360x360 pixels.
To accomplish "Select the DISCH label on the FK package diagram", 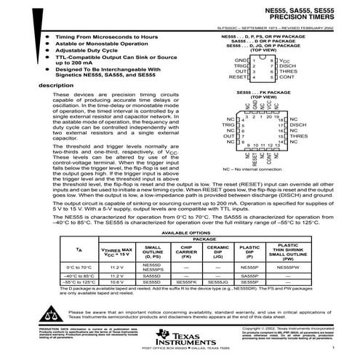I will (300, 124).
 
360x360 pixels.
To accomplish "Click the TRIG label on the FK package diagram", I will (230, 124).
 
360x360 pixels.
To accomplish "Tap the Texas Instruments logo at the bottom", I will (178, 338).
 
